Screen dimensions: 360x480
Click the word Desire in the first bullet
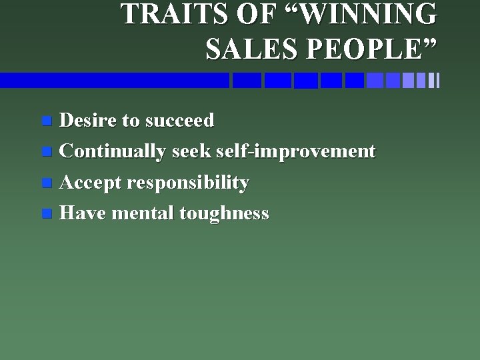87,121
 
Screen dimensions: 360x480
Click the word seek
192,151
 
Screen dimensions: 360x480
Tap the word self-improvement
295,151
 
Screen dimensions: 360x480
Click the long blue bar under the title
113,80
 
